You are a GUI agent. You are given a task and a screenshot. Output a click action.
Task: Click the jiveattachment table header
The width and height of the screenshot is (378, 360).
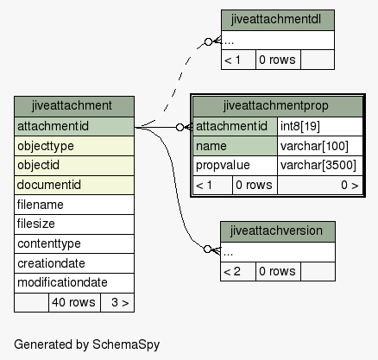(74, 106)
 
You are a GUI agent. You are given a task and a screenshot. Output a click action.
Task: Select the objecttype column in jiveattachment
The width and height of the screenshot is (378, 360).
(74, 146)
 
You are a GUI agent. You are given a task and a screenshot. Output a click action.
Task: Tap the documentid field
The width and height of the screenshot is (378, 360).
(74, 185)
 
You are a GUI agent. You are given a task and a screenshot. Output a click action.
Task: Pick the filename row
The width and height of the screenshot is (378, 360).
(74, 205)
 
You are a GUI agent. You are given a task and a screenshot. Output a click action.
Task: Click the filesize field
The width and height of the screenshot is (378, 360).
(74, 224)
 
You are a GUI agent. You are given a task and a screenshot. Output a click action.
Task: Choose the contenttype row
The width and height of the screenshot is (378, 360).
(74, 243)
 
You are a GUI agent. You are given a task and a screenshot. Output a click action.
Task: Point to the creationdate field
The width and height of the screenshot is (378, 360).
(74, 263)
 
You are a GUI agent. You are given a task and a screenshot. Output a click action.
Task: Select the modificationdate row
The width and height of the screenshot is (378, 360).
(74, 283)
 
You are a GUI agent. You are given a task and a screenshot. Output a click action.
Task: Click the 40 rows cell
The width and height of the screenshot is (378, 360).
(74, 302)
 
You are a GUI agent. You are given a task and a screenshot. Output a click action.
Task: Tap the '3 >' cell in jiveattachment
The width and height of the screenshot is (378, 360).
(117, 302)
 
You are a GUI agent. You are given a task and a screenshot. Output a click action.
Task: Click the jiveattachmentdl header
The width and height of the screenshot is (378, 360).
(278, 20)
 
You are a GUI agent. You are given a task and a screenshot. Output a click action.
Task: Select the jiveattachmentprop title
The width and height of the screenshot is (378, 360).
(278, 106)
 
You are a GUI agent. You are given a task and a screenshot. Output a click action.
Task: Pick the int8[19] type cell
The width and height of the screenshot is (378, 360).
(320, 126)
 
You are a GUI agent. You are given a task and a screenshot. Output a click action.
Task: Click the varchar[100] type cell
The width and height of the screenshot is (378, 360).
(320, 146)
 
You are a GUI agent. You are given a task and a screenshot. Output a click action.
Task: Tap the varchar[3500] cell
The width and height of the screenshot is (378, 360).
(320, 166)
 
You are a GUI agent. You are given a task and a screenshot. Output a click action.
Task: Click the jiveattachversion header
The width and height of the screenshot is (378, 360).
(278, 231)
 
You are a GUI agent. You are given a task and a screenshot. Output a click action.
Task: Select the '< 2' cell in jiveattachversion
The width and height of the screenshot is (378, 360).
(238, 271)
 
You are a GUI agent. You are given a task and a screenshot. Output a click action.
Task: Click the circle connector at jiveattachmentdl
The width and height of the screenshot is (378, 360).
(208, 41)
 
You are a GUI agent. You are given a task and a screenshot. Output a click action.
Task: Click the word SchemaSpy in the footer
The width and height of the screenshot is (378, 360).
(126, 344)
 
